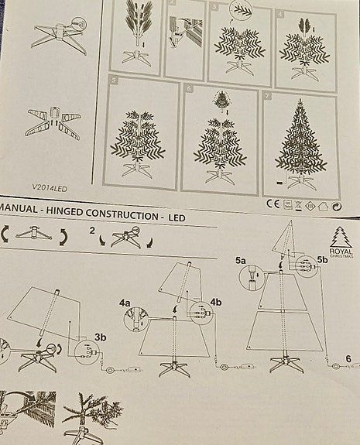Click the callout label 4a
click(125, 304)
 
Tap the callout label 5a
click(240, 261)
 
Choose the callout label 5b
click(323, 262)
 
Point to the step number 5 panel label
click(113, 80)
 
